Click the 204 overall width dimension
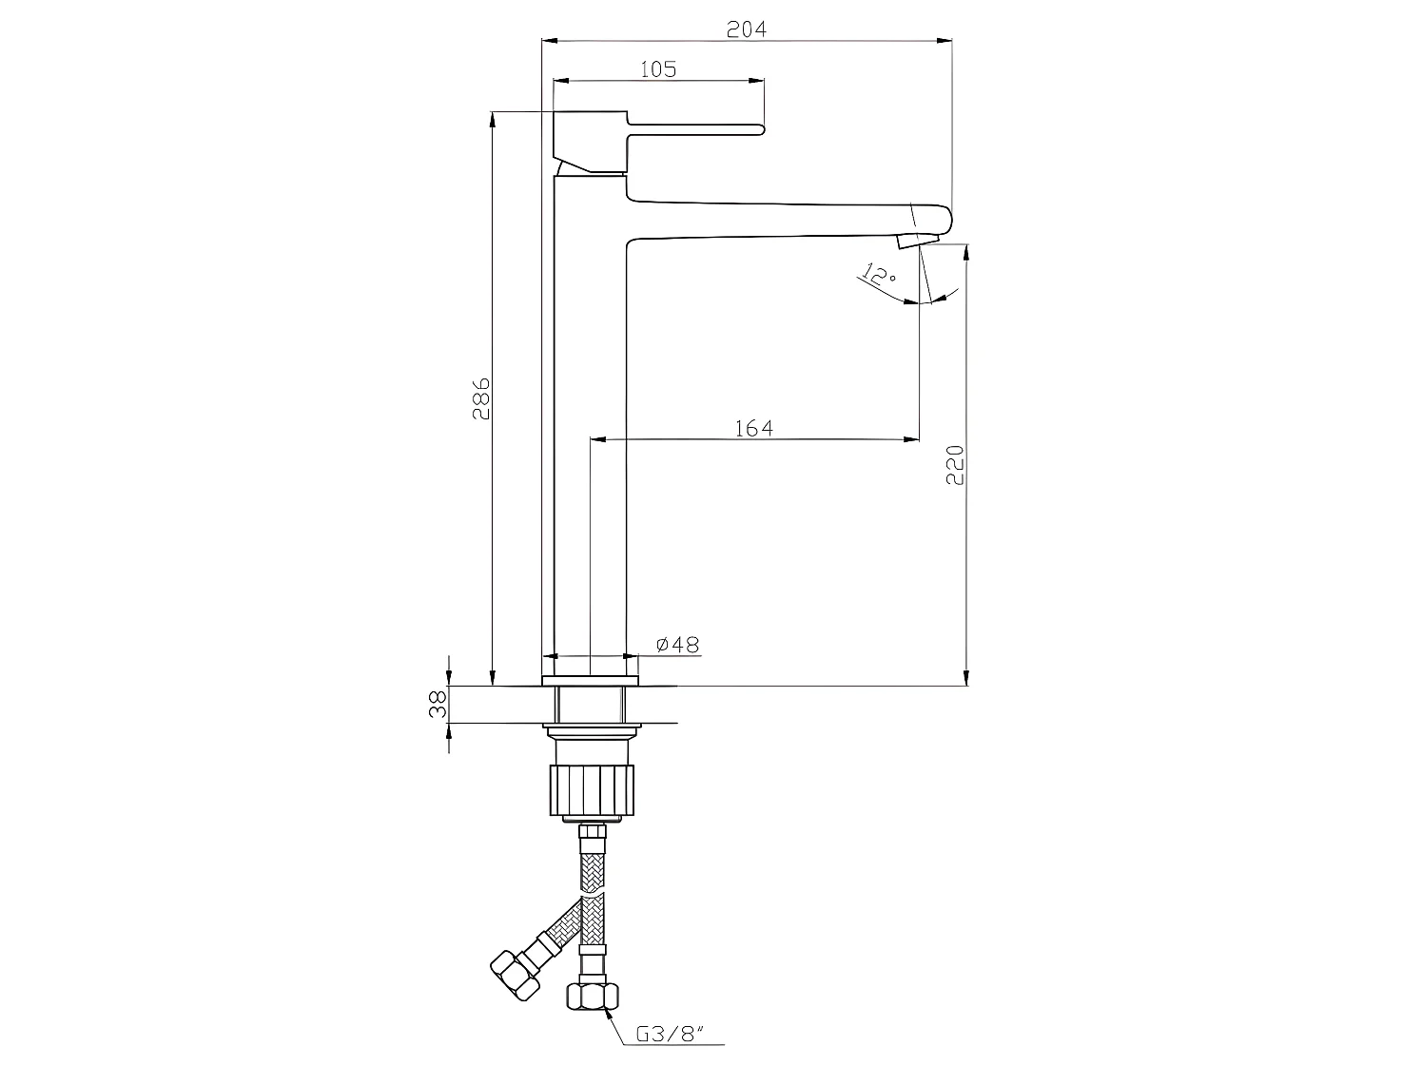(x=746, y=29)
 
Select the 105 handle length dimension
(x=657, y=69)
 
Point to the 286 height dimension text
(x=481, y=398)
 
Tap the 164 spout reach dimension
(x=754, y=428)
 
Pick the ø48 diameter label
(x=678, y=645)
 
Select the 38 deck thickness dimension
(x=438, y=705)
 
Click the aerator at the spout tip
(x=923, y=240)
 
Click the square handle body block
(x=590, y=141)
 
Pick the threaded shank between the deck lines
(x=590, y=705)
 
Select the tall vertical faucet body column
(x=590, y=428)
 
